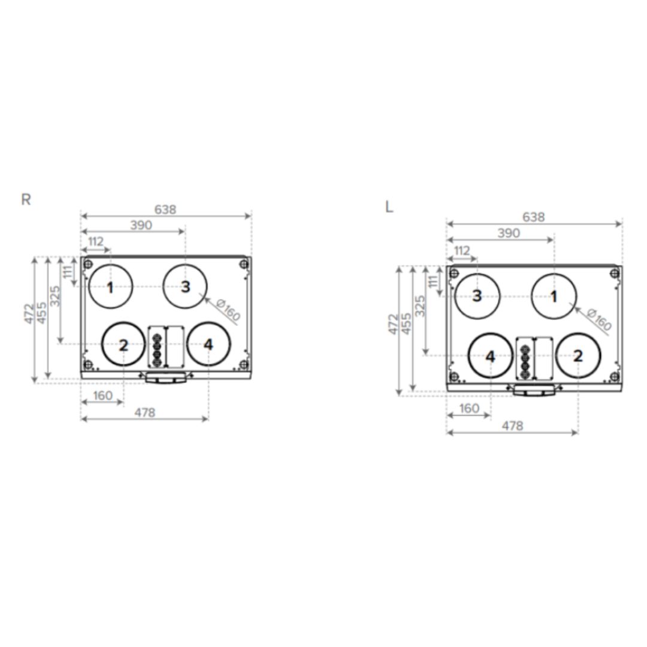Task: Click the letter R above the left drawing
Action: pos(26,199)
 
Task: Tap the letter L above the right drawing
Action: pos(389,207)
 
